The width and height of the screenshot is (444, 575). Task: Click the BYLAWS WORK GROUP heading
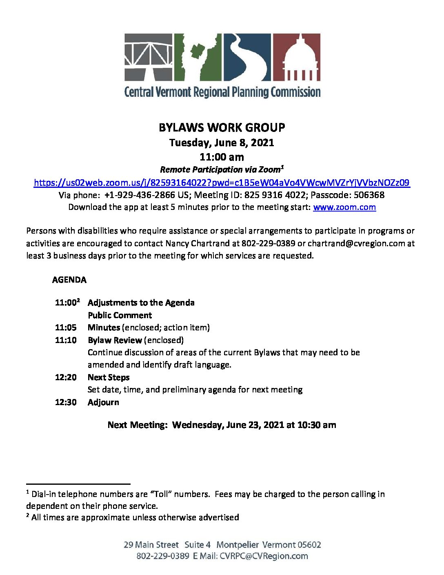222,128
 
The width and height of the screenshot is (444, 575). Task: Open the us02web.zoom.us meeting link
222,183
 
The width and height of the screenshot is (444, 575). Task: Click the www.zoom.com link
344,207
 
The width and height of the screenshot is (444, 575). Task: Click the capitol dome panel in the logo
296,57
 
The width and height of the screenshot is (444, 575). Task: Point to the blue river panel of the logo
246,57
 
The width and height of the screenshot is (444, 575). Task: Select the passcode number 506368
369,195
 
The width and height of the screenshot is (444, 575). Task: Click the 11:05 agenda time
66,328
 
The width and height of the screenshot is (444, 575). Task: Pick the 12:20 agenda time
66,377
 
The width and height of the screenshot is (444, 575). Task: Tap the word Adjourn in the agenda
103,402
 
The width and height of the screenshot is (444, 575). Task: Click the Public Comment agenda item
120,315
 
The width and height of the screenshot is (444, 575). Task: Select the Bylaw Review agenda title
115,340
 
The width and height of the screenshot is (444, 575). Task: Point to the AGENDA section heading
69,280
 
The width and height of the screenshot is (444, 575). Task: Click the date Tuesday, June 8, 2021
222,143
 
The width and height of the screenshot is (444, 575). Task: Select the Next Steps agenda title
109,377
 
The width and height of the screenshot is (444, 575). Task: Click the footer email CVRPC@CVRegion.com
264,556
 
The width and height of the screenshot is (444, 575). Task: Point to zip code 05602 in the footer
309,545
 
